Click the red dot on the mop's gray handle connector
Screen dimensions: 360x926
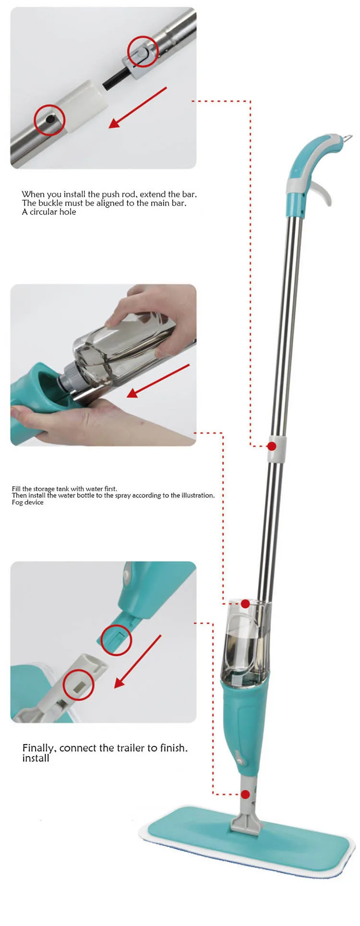tap(272, 446)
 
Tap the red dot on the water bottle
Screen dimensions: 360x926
tap(245, 604)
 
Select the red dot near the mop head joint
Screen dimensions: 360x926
tap(245, 794)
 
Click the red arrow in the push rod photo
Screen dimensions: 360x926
tap(137, 108)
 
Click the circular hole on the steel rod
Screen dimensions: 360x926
tap(50, 120)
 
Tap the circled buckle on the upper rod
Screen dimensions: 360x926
tap(142, 51)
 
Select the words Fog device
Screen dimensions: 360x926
tap(27, 502)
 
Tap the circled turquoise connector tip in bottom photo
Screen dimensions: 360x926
tap(116, 640)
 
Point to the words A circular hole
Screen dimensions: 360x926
tap(49, 212)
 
